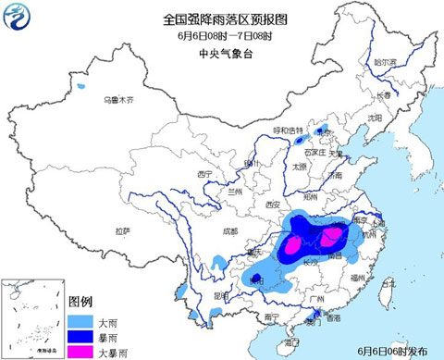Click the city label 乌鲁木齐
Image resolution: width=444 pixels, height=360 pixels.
coord(117,98)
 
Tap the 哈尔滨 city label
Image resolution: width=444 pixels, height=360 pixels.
coord(385,62)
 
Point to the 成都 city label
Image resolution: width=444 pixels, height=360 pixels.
coord(229,232)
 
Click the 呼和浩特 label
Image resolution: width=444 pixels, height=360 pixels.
coord(288,130)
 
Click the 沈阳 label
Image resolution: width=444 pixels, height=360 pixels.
coord(373,118)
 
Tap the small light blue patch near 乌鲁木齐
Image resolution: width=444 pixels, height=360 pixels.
coord(80,87)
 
